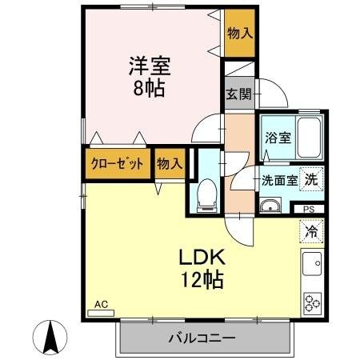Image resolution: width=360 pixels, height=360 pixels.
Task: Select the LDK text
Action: pyautogui.click(x=200, y=258)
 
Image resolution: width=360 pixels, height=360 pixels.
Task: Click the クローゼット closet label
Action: pyautogui.click(x=118, y=164)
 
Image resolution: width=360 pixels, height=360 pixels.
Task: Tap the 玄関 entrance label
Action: pyautogui.click(x=238, y=94)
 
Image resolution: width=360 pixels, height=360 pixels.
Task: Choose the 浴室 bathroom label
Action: pyautogui.click(x=278, y=137)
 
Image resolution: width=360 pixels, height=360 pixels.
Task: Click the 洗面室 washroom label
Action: pyautogui.click(x=280, y=180)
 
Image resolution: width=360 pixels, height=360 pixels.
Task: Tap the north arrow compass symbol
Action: pyautogui.click(x=50, y=337)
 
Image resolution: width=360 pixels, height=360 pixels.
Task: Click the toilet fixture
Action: pyautogui.click(x=206, y=192)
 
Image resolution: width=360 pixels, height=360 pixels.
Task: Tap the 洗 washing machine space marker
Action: pyautogui.click(x=311, y=179)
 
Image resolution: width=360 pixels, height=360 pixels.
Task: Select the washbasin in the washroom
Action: pyautogui.click(x=270, y=209)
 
